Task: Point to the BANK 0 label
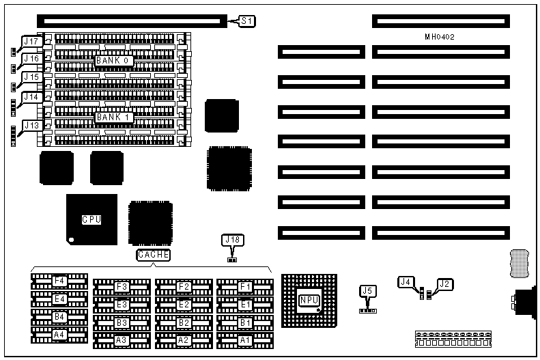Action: click(x=113, y=61)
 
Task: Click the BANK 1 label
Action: click(x=113, y=117)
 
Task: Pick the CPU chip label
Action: click(x=91, y=219)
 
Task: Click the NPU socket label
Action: click(x=309, y=299)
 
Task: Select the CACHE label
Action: click(x=153, y=255)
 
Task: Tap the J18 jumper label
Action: click(x=232, y=240)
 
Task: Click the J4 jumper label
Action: click(x=406, y=281)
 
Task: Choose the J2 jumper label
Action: click(x=445, y=283)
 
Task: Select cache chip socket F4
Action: click(x=59, y=281)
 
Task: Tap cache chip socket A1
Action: click(x=244, y=339)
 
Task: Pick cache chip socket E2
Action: click(x=182, y=304)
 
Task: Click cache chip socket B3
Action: click(x=122, y=322)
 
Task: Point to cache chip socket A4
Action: click(x=59, y=334)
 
